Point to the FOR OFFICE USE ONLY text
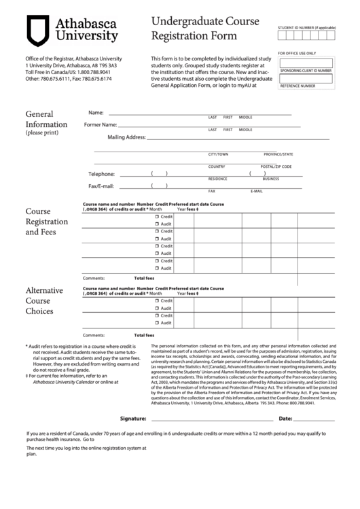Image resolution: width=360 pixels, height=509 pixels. click(297, 53)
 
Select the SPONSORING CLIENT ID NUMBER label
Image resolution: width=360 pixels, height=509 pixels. click(306, 70)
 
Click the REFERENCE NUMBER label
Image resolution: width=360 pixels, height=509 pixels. click(298, 86)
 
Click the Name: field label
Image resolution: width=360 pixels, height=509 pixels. click(96, 112)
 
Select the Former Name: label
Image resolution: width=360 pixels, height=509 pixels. click(101, 125)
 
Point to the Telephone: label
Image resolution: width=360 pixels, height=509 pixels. click(102, 174)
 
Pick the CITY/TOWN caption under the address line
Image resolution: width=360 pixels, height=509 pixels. click(218, 154)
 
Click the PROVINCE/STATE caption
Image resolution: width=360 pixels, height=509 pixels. click(278, 154)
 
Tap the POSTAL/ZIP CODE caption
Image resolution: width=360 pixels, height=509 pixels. click(276, 166)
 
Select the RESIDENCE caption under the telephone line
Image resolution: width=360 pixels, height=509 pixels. click(217, 179)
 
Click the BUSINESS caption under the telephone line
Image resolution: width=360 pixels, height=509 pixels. click(271, 179)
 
